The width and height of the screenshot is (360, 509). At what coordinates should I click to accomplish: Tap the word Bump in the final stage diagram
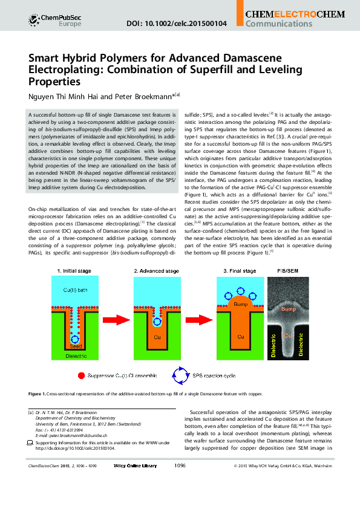[240, 305]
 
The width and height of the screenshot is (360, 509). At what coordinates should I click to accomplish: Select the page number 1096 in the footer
[180, 465]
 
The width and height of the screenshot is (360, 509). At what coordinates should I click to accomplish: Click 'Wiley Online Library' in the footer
[135, 465]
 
